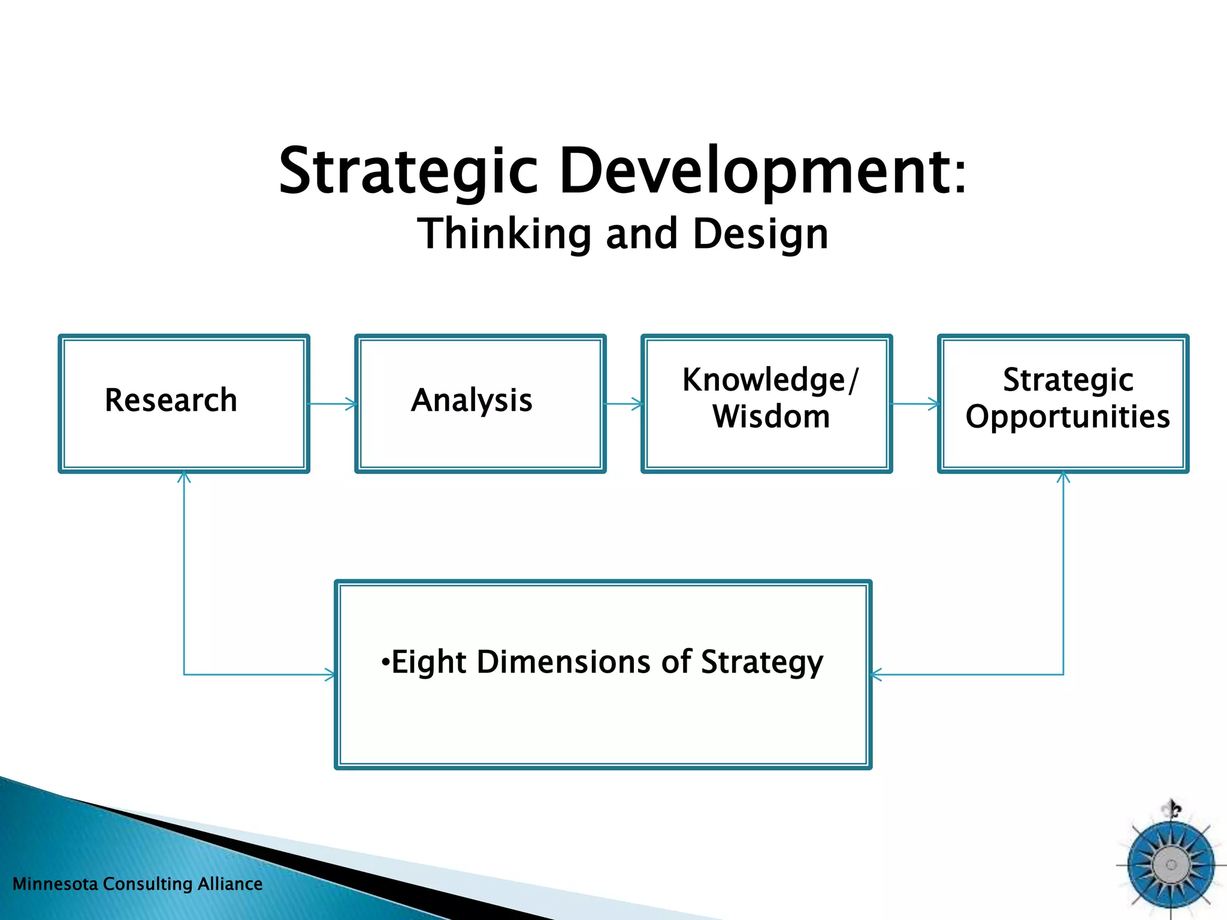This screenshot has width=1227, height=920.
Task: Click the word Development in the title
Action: point(755,172)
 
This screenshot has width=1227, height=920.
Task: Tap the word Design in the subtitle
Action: point(760,235)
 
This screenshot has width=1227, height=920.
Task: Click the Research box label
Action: point(171,400)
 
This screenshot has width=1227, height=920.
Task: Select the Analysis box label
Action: point(472,400)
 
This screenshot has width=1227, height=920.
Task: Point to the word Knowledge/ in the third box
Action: point(770,380)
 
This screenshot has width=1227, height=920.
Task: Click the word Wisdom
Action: point(771,416)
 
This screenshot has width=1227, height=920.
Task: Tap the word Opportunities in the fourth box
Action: point(1068,417)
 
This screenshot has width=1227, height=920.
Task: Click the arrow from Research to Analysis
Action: point(333,404)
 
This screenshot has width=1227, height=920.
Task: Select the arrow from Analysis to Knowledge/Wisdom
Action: point(624,404)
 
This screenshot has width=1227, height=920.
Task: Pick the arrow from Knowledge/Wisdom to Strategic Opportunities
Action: point(915,404)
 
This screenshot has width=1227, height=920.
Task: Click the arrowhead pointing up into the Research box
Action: point(184,477)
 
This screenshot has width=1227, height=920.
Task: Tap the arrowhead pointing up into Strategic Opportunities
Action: point(1063,477)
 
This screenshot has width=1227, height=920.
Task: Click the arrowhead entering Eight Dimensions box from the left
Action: point(330,674)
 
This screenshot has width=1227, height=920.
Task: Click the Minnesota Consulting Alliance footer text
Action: point(137,884)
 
